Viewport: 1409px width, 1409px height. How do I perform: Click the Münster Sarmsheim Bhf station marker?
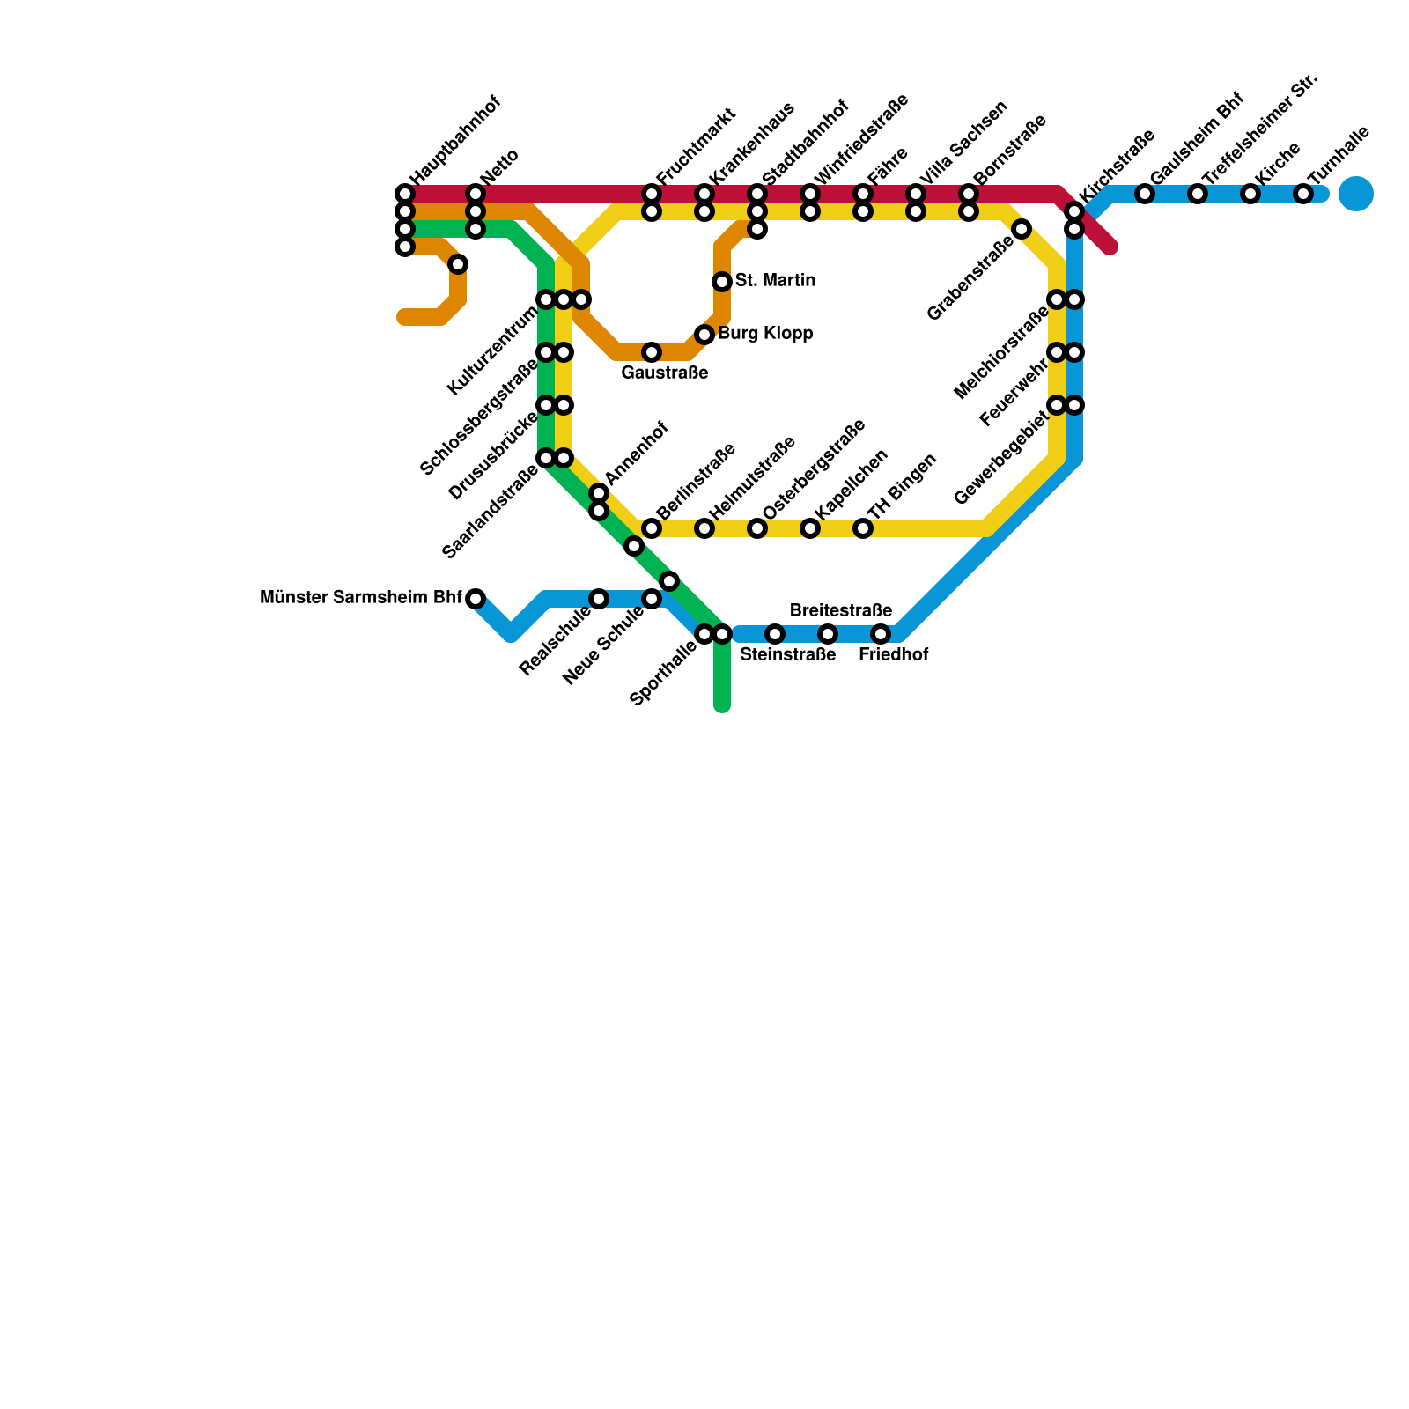click(476, 599)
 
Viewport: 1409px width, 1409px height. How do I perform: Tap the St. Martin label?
click(775, 281)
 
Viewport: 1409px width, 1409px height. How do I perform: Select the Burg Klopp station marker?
click(704, 335)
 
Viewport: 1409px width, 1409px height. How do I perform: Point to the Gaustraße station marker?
click(652, 352)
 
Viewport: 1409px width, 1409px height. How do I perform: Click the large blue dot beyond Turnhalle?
click(1356, 194)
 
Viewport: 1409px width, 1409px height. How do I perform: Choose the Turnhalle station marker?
click(1303, 194)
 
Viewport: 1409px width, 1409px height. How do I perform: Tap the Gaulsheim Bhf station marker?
click(1145, 194)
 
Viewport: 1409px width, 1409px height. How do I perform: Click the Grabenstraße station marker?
click(1022, 229)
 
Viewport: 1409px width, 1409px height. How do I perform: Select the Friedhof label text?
click(893, 655)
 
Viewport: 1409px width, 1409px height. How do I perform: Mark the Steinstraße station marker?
click(775, 634)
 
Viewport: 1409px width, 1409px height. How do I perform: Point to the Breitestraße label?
click(841, 610)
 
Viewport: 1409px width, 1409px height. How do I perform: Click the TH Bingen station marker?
click(863, 528)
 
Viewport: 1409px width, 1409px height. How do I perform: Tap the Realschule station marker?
click(599, 599)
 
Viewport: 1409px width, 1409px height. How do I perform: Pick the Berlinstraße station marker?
click(652, 528)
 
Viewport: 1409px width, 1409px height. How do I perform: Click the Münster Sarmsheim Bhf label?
click(361, 598)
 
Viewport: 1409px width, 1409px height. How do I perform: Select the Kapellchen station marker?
click(810, 528)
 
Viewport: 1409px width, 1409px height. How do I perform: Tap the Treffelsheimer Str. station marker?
click(1198, 194)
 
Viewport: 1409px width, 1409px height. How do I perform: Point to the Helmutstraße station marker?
click(704, 528)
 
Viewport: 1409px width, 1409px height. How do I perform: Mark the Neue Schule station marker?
click(652, 599)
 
